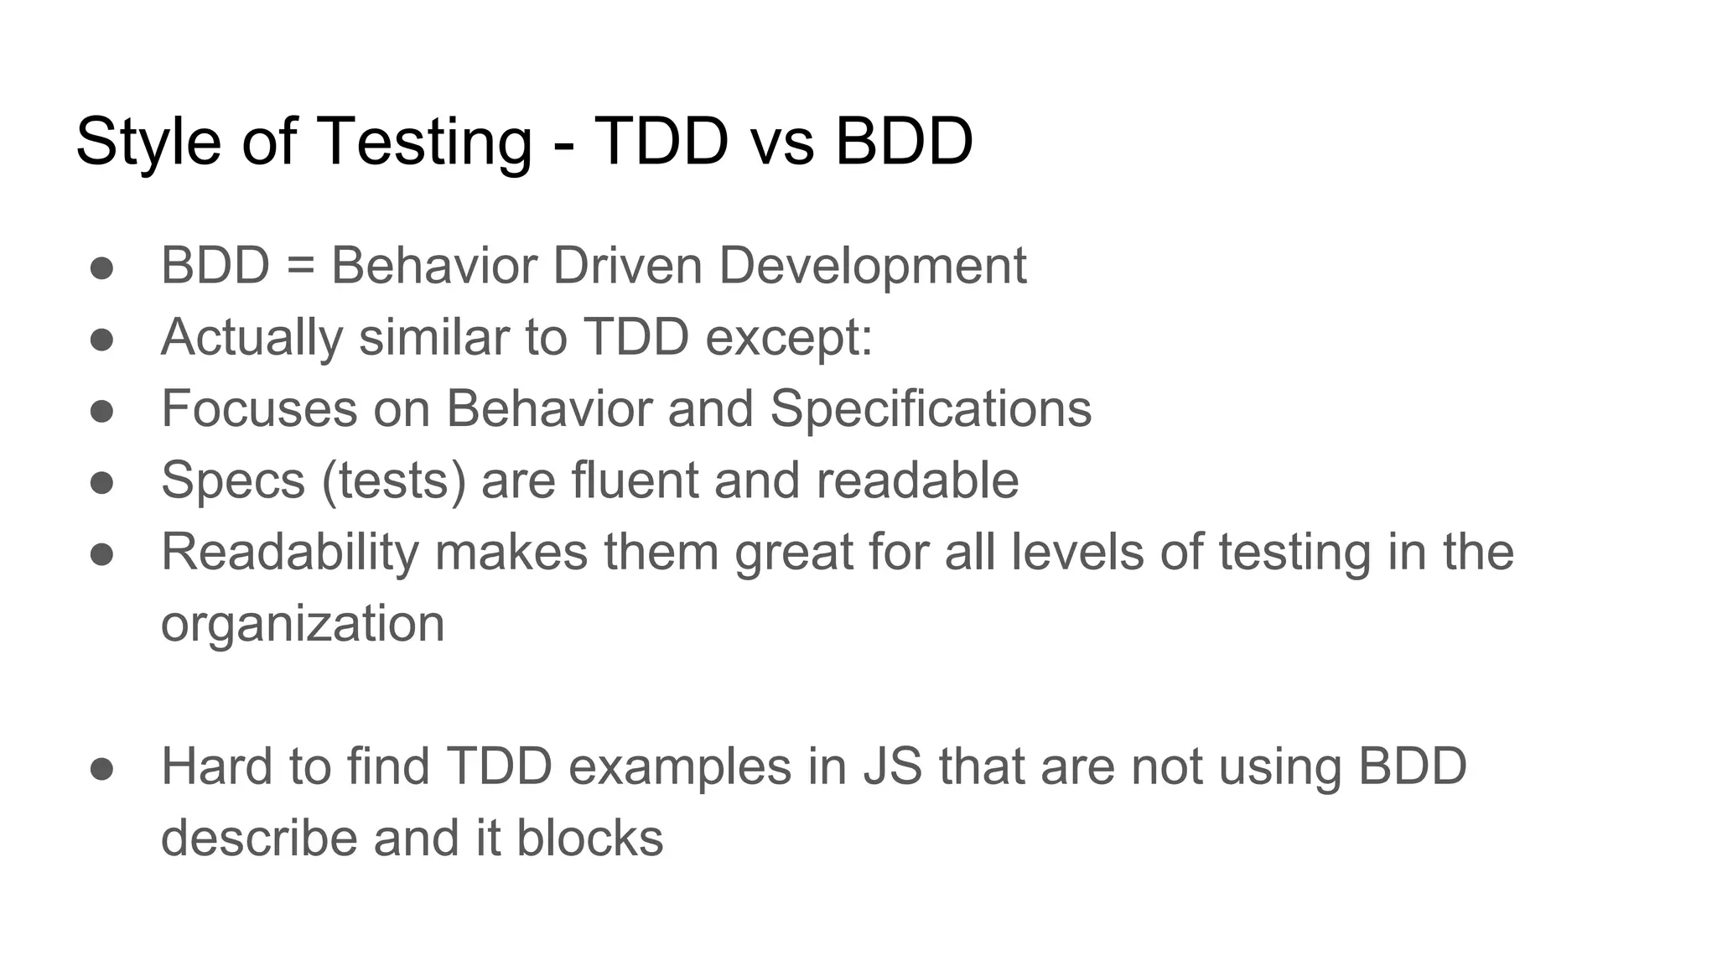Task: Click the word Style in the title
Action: [148, 141]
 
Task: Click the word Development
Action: [872, 266]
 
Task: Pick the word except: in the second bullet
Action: [789, 337]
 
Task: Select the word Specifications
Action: [931, 409]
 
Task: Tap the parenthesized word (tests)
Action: [393, 480]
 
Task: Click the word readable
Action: [917, 480]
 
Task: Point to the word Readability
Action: [289, 553]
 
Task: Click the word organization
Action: [303, 624]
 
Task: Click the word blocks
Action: [589, 838]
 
